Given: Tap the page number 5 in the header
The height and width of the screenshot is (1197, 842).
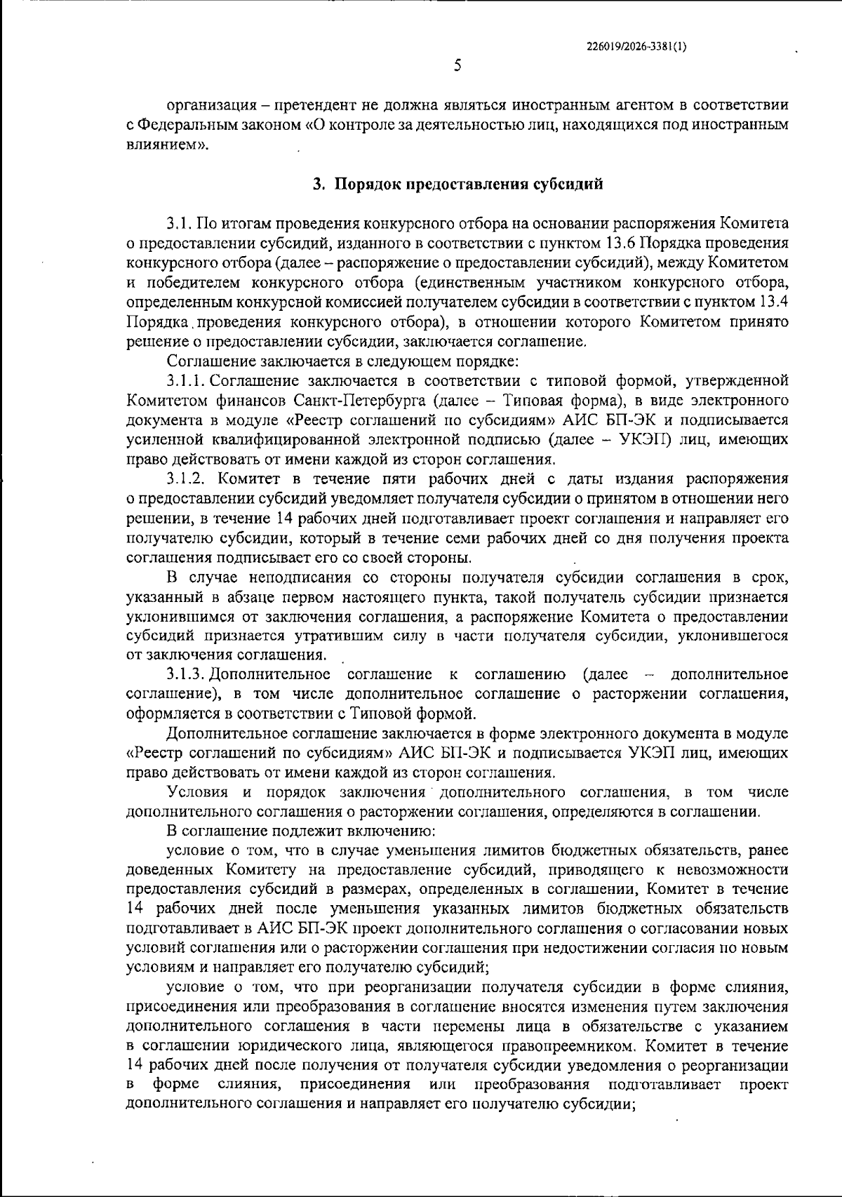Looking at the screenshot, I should tap(457, 67).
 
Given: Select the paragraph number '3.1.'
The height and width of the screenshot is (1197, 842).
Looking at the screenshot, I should tap(180, 224).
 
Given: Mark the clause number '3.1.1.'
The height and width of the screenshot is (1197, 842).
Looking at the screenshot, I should tap(185, 381).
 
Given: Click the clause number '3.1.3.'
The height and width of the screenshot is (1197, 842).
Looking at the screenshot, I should tap(185, 675).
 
